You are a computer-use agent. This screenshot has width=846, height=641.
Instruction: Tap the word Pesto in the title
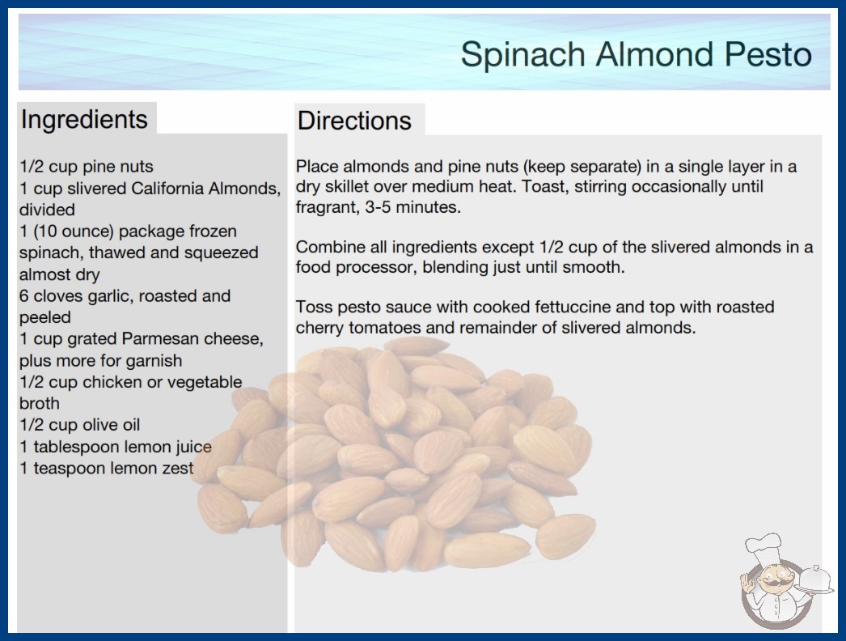pyautogui.click(x=768, y=53)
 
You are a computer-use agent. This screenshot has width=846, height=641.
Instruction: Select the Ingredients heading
pyautogui.click(x=83, y=120)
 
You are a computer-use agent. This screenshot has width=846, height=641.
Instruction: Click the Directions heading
pyautogui.click(x=354, y=121)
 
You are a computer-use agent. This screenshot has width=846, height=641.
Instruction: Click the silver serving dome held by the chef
pyautogui.click(x=815, y=579)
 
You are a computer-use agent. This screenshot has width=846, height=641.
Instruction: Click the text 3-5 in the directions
pyautogui.click(x=378, y=207)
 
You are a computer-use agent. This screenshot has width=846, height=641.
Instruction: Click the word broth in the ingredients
pyautogui.click(x=40, y=403)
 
